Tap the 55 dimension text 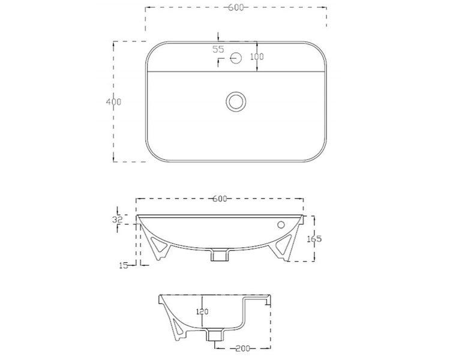(x=218, y=49)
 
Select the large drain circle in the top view (x=235, y=100)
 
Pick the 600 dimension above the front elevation (x=219, y=199)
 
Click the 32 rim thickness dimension (x=118, y=220)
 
